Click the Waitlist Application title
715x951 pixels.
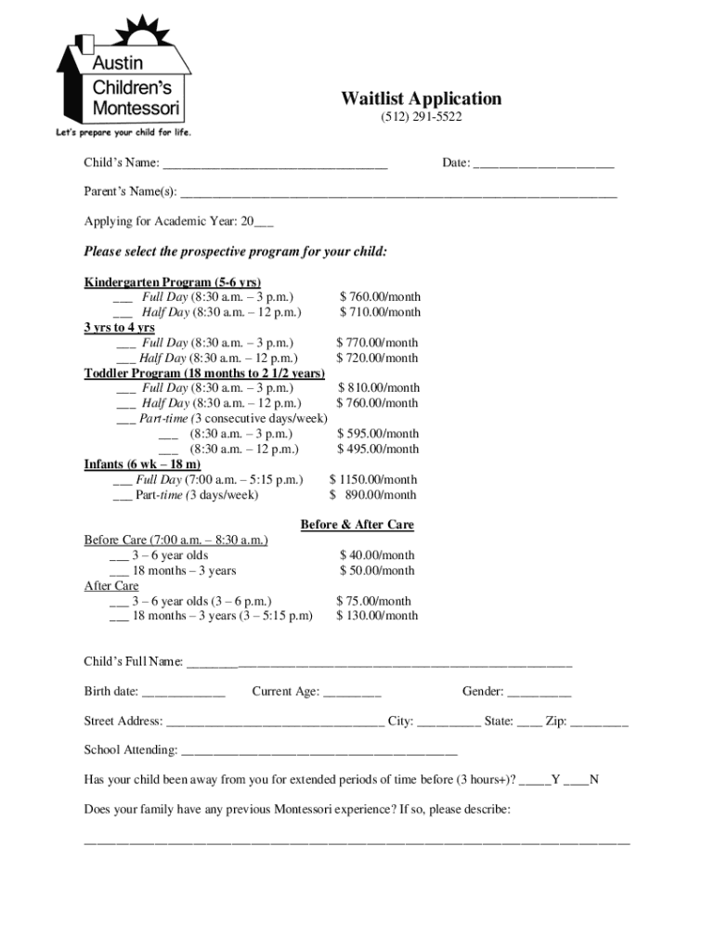tap(421, 98)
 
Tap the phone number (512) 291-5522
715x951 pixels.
tap(421, 117)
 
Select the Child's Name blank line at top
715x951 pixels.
tap(275, 164)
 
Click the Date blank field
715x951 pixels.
tap(543, 164)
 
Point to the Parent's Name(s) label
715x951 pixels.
tap(130, 192)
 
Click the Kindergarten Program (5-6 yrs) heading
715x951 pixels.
tap(173, 282)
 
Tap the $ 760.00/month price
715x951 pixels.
tap(380, 297)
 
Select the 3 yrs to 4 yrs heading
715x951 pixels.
tap(120, 328)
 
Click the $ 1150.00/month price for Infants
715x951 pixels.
tap(373, 480)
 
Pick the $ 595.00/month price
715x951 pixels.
tap(378, 434)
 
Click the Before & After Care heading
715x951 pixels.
tap(357, 525)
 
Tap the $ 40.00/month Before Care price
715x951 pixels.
tap(377, 555)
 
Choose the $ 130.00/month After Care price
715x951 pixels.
tap(377, 615)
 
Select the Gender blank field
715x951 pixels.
tap(539, 693)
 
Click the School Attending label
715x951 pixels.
tap(131, 750)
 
